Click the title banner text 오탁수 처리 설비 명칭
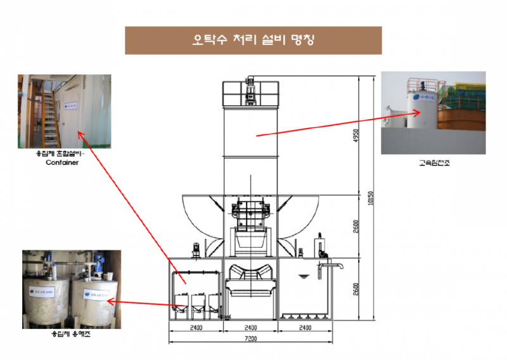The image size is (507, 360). (253, 40)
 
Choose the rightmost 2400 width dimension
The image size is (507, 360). (307, 328)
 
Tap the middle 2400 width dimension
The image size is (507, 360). (251, 328)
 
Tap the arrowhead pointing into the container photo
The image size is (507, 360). (79, 132)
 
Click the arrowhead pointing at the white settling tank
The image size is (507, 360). (418, 112)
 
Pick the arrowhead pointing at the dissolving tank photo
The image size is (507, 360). (108, 302)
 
